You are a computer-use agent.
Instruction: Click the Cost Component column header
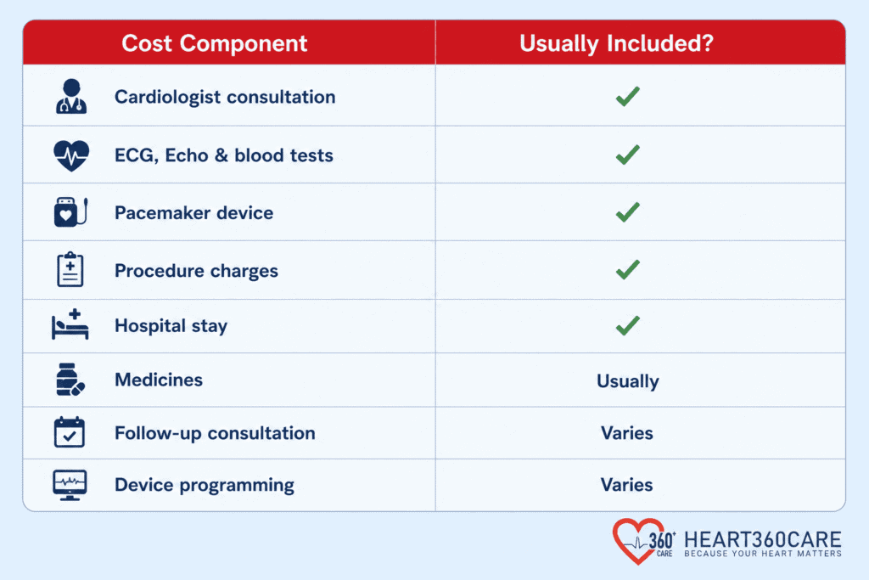pyautogui.click(x=214, y=43)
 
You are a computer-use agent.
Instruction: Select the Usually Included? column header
pyautogui.click(x=616, y=43)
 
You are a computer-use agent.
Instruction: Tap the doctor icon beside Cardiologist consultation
pyautogui.click(x=71, y=97)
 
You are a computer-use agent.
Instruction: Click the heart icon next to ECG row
pyautogui.click(x=71, y=155)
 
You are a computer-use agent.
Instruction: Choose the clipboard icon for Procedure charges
pyautogui.click(x=70, y=269)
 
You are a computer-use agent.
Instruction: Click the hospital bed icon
pyautogui.click(x=70, y=324)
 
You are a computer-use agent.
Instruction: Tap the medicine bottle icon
pyautogui.click(x=70, y=380)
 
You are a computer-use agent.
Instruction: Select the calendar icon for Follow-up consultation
pyautogui.click(x=70, y=432)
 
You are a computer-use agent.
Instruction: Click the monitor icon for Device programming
pyautogui.click(x=70, y=485)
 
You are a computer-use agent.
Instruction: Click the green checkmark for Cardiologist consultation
pyautogui.click(x=628, y=97)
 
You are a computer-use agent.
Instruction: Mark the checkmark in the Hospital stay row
pyautogui.click(x=628, y=325)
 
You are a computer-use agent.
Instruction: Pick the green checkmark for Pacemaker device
pyautogui.click(x=628, y=211)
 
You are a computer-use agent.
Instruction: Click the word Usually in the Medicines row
pyautogui.click(x=628, y=381)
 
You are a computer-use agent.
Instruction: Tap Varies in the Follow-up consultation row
pyautogui.click(x=627, y=433)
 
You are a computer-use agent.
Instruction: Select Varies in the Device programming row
pyautogui.click(x=627, y=485)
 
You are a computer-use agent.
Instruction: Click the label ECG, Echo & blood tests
pyautogui.click(x=224, y=155)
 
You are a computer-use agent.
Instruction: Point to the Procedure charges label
pyautogui.click(x=196, y=271)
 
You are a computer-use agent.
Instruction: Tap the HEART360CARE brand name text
pyautogui.click(x=763, y=539)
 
